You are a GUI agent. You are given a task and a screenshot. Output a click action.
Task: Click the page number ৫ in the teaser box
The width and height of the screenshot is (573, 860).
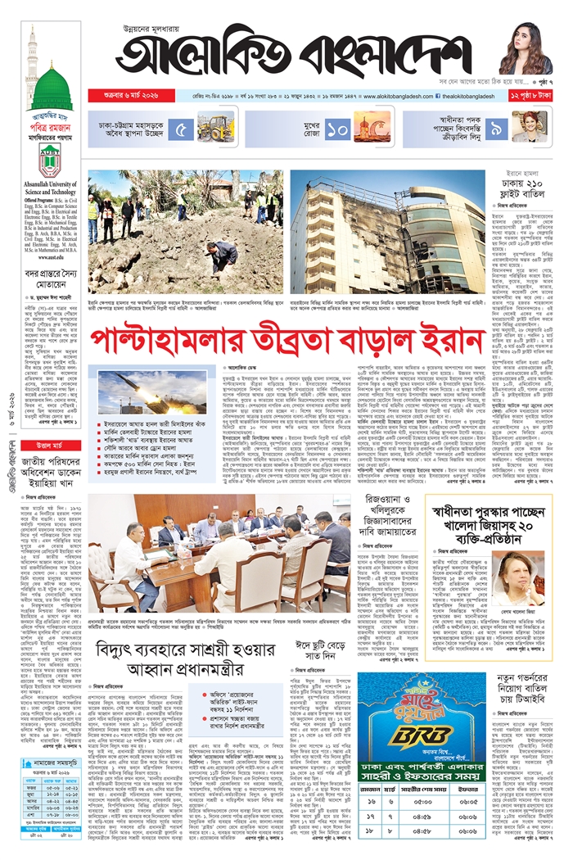(184, 129)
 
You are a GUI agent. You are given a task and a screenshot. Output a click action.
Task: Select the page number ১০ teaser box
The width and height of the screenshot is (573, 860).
(337, 129)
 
